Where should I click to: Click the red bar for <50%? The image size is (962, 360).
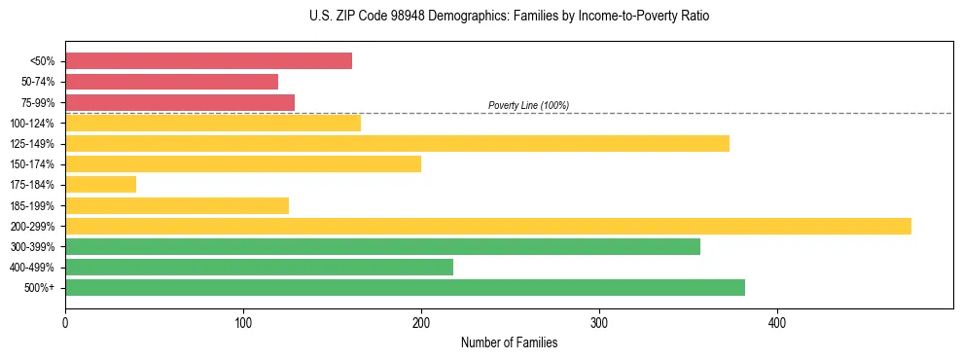208,61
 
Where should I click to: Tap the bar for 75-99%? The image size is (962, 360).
180,102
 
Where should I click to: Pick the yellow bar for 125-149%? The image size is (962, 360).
397,143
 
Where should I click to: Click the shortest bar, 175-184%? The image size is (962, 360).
100,184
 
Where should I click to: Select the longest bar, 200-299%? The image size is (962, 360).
487,226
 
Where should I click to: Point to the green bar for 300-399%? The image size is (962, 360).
382,246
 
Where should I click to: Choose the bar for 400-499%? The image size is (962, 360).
259,267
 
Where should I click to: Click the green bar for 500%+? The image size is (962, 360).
405,287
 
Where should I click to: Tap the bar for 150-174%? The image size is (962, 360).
243,163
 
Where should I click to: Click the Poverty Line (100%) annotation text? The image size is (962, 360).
528,105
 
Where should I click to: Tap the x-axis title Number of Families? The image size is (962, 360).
509,342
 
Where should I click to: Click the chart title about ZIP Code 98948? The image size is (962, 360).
509,17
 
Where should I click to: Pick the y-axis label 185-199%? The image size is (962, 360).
32,205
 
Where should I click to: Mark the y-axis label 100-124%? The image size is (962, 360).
32,123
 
